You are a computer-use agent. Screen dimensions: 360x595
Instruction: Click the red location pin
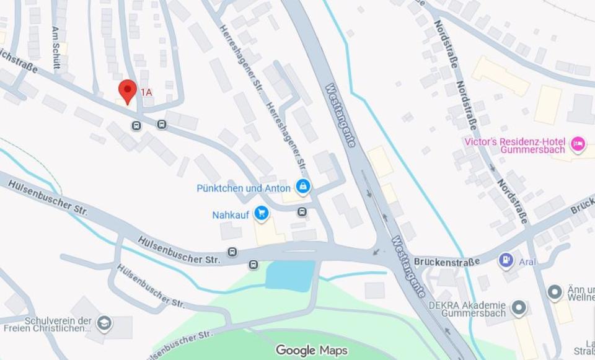(x=127, y=91)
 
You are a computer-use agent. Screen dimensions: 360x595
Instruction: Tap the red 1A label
(x=146, y=92)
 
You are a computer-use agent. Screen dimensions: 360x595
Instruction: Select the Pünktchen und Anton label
(x=243, y=188)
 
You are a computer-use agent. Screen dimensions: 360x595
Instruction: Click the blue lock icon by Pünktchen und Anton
(x=302, y=186)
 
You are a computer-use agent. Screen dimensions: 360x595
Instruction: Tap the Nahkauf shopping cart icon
(x=262, y=213)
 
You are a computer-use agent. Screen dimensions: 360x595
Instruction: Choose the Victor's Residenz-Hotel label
(x=514, y=145)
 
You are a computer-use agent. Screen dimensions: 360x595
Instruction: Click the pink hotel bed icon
(x=578, y=144)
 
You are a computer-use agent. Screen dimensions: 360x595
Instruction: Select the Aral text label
(x=528, y=261)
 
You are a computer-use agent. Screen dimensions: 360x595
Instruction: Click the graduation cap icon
(x=104, y=323)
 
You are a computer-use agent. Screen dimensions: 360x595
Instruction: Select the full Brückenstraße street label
(x=446, y=262)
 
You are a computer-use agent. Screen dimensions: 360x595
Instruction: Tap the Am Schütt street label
(x=56, y=42)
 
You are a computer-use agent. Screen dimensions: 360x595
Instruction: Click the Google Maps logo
(x=311, y=351)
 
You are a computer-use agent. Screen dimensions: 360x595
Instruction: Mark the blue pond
(x=290, y=275)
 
